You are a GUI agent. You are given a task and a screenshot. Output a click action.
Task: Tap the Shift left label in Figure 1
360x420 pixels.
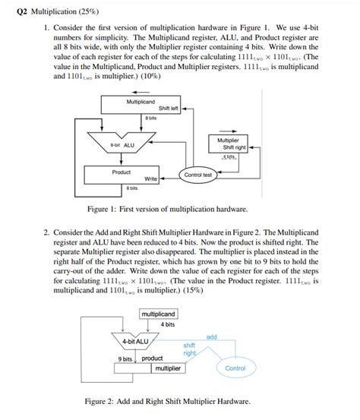(168, 109)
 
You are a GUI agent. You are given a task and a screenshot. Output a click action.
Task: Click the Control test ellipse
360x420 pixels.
(197, 175)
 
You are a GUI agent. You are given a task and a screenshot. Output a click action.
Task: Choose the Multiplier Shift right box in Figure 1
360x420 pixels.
(228, 144)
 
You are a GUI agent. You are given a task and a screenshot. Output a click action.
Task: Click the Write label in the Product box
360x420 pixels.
(150, 178)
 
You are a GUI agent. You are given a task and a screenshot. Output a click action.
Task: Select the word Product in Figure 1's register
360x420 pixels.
(122, 172)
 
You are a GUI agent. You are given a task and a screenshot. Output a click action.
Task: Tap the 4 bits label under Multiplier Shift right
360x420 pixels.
(229, 156)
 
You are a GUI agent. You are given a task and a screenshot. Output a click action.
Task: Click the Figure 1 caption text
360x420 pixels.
(168, 207)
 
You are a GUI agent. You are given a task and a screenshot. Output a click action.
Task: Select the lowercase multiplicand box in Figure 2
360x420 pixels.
(158, 314)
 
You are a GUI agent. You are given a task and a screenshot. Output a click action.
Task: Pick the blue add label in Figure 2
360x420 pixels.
(211, 336)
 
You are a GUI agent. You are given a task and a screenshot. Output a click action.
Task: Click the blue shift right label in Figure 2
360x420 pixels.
(189, 349)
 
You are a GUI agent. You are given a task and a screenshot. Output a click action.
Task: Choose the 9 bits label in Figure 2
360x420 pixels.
(125, 358)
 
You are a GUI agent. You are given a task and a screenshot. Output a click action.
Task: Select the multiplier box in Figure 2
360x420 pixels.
(168, 368)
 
